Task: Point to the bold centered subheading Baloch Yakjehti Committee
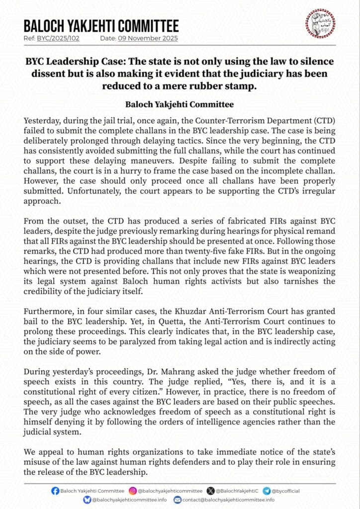click(x=180, y=104)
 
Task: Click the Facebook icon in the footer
click(x=55, y=491)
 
